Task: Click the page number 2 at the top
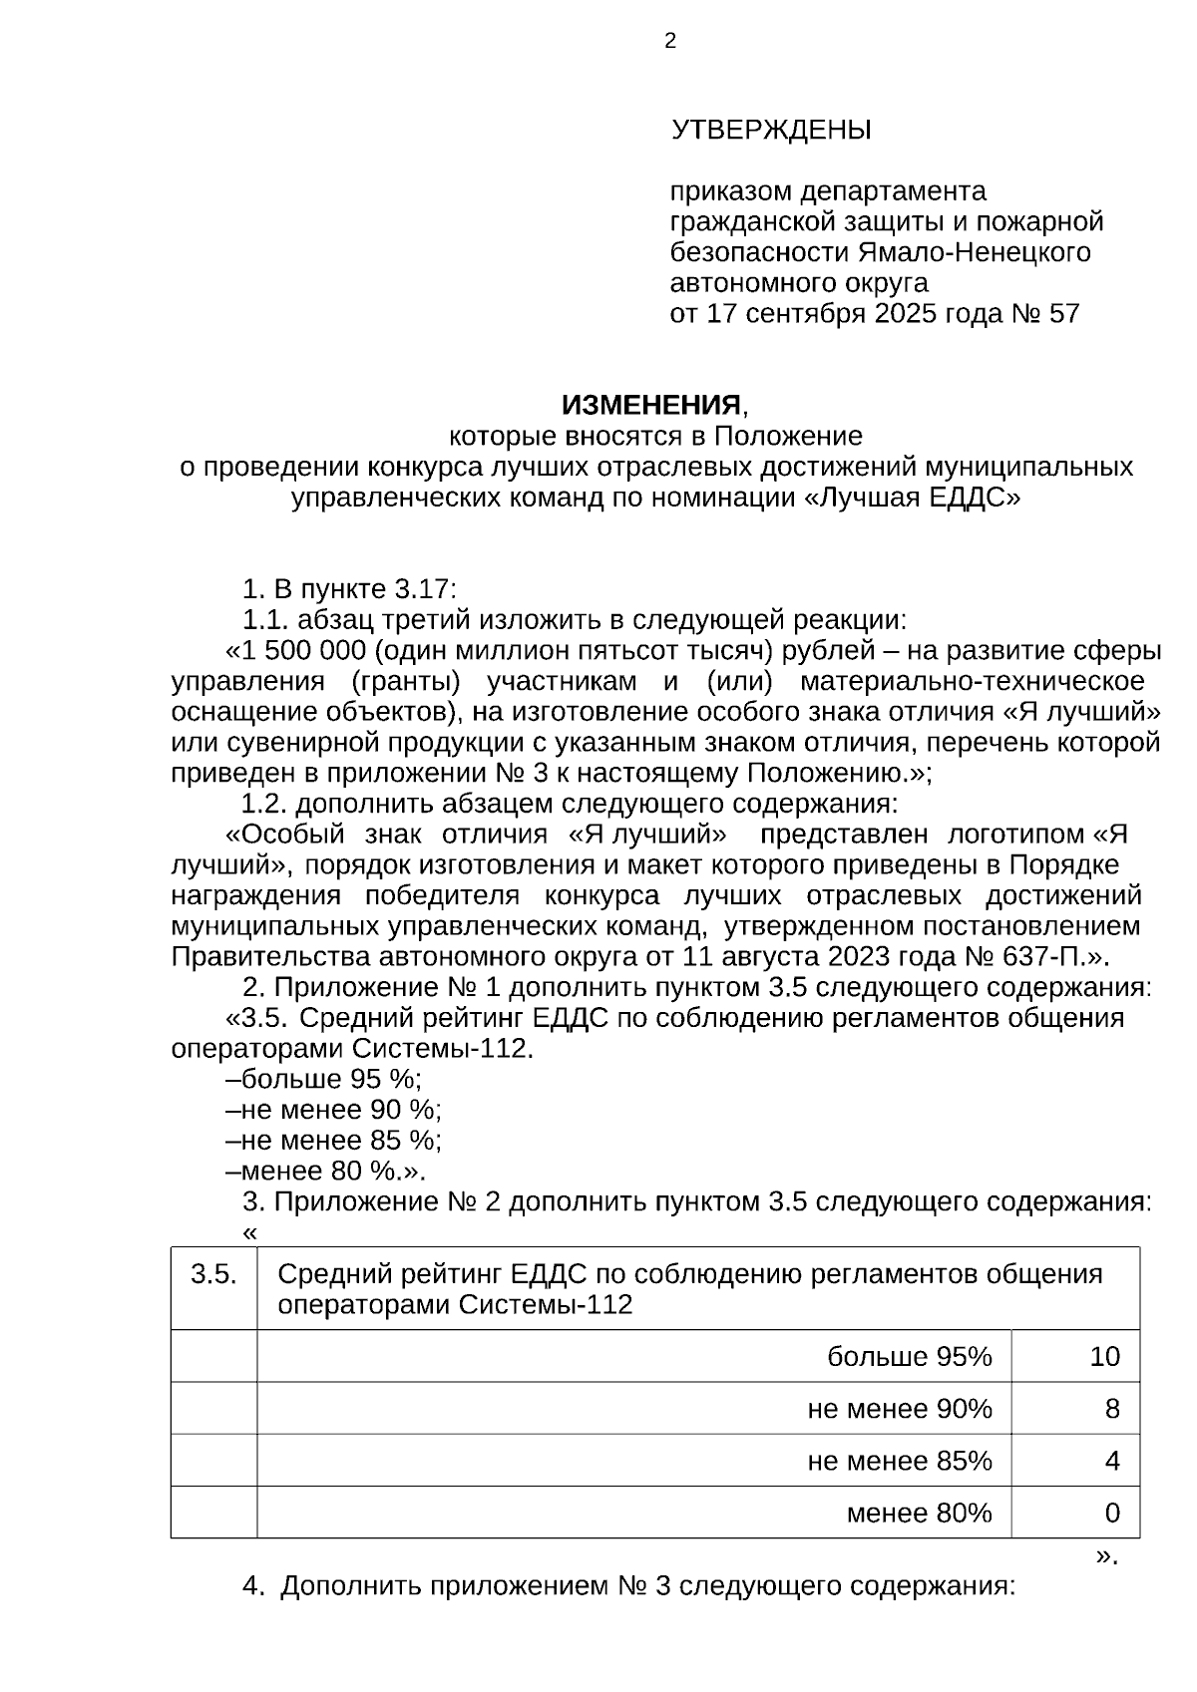(669, 41)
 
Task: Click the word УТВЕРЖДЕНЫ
(771, 131)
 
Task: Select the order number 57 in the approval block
(1064, 314)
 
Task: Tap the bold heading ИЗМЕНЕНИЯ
(652, 405)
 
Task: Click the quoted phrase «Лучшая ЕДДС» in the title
(912, 498)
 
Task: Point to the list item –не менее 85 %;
(334, 1140)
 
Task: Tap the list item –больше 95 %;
(324, 1079)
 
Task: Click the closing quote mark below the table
(1106, 1555)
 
